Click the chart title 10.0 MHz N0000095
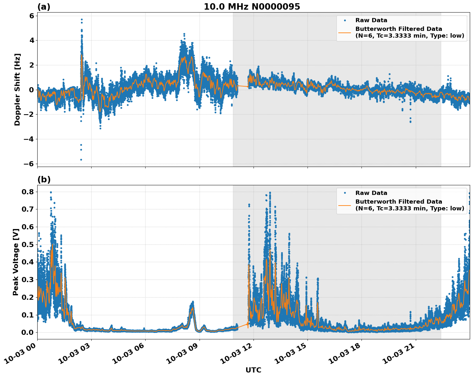[252, 7]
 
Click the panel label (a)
[44, 7]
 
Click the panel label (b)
[44, 179]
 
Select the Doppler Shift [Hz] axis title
[17, 89]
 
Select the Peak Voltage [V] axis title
[16, 262]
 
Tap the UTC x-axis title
[253, 370]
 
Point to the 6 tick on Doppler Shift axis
[31, 16]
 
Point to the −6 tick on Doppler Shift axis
[29, 164]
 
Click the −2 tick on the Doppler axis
[29, 115]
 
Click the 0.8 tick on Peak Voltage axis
[29, 192]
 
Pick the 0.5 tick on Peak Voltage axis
[29, 244]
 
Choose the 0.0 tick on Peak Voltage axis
[29, 332]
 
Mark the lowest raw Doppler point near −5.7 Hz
[81, 160]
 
